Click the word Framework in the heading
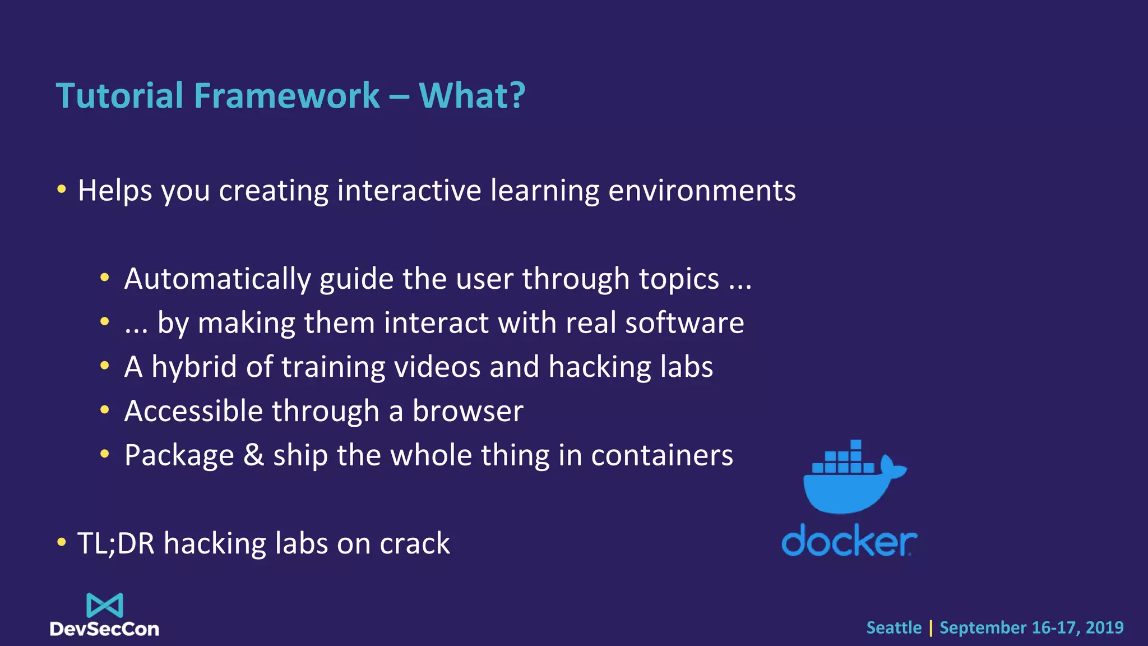(286, 95)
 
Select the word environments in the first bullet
(702, 191)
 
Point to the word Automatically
(217, 279)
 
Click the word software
(684, 324)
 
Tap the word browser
(467, 411)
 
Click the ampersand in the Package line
(253, 455)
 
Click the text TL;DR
(115, 543)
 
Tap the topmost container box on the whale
(855, 445)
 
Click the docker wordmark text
(849, 541)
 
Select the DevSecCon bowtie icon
(105, 605)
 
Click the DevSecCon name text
(105, 629)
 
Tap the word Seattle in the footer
(894, 627)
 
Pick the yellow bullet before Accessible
(104, 410)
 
